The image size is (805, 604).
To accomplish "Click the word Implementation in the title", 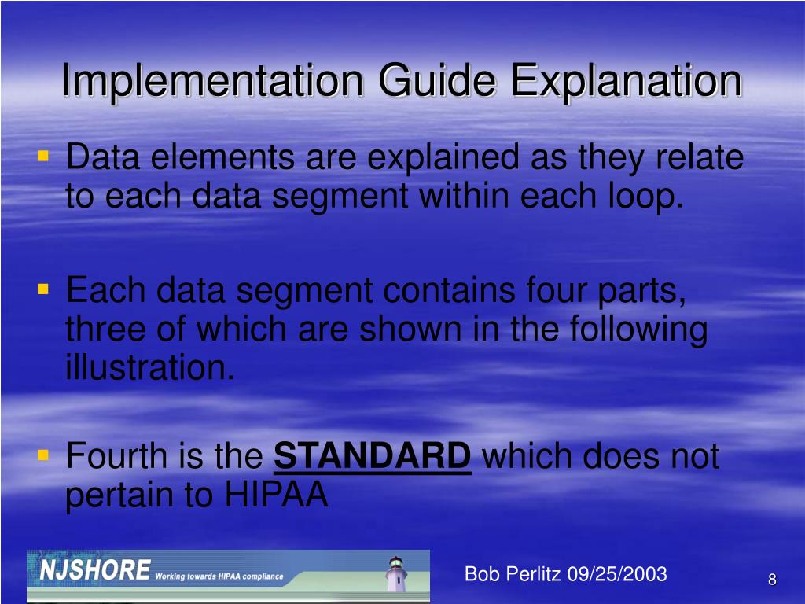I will click(212, 81).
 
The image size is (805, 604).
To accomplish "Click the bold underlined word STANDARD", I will click(373, 456).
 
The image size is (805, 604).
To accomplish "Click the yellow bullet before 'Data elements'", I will click(43, 157).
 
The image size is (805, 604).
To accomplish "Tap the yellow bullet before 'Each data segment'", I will click(43, 291).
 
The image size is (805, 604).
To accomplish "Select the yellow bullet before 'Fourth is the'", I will click(43, 455).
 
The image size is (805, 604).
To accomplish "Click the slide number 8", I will click(772, 580).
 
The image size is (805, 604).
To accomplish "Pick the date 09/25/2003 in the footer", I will click(617, 574).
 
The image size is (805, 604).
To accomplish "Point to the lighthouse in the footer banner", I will click(396, 574).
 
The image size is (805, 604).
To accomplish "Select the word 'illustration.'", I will click(149, 367).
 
